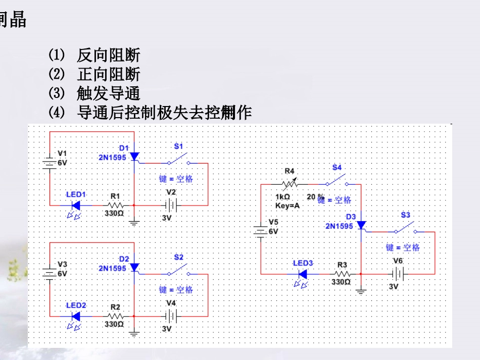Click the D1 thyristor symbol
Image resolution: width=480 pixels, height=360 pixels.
coord(134,157)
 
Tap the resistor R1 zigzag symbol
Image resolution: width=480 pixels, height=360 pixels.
coord(115,205)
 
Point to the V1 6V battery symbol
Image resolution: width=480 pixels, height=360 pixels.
coord(50,163)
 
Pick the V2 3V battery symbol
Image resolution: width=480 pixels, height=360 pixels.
coord(171,205)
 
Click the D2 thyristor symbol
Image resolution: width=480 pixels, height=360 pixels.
coord(134,267)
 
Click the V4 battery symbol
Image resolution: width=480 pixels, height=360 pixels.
coord(171,316)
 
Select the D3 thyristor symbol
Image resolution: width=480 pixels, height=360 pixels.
coord(361,225)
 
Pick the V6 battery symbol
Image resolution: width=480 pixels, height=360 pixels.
coord(398,274)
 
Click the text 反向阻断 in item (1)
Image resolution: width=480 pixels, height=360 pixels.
coord(108,55)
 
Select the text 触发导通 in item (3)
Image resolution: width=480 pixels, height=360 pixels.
coord(108,93)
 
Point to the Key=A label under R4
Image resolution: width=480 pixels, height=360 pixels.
coord(287,205)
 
